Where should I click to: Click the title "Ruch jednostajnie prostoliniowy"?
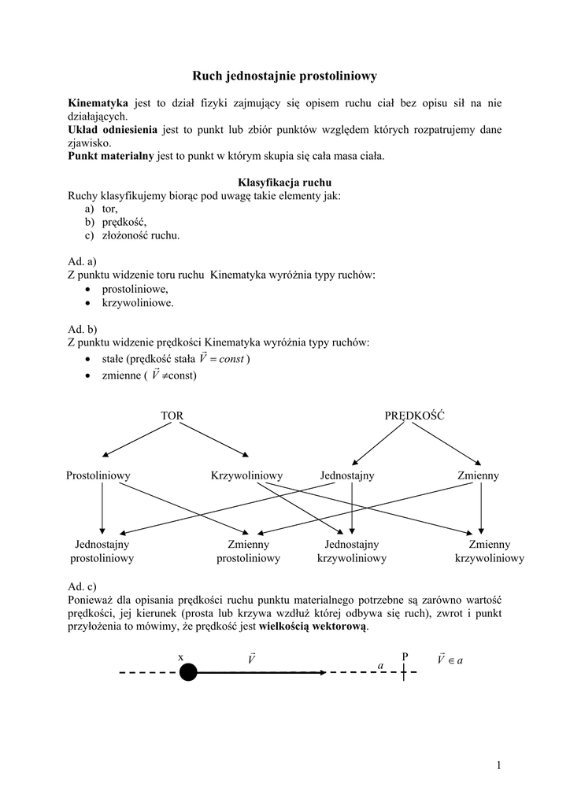pos(285,76)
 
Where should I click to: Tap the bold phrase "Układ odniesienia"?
pos(113,130)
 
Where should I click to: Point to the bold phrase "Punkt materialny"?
pos(111,157)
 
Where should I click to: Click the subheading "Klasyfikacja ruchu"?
pos(285,183)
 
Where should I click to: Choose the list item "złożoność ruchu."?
pos(140,235)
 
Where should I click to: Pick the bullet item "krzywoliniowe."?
pos(138,302)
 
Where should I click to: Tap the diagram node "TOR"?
pos(172,415)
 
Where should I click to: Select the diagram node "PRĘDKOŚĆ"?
pos(414,415)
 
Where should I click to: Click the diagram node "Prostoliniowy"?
pos(98,476)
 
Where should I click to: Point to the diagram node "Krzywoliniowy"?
pos(246,476)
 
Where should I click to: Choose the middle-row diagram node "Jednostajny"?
pos(347,476)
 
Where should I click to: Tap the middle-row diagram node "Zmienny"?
pos(478,476)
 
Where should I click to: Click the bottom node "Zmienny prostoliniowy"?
pos(249,551)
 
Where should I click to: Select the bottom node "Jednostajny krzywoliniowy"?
pos(352,551)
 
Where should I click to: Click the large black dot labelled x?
pos(187,672)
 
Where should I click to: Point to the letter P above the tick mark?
pos(405,656)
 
